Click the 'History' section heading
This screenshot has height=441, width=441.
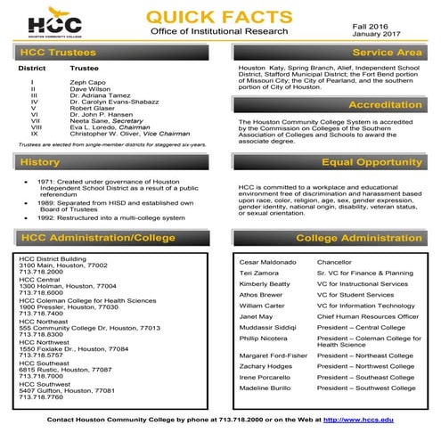click(39, 162)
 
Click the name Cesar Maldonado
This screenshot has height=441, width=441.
click(266, 262)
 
